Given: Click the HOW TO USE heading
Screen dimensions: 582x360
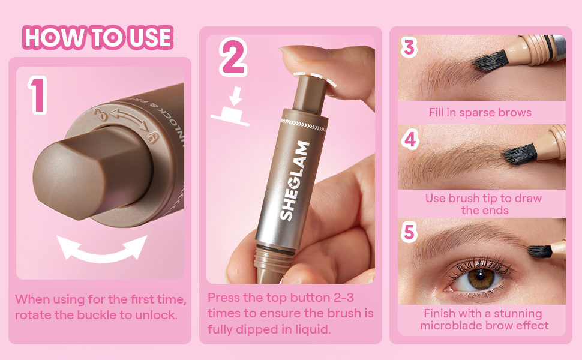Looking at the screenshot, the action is [98, 37].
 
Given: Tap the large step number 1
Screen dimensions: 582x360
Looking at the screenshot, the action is [37, 95].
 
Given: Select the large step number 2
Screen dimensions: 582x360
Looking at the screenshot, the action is [233, 58].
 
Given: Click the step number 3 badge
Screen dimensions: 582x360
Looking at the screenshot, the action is [409, 47].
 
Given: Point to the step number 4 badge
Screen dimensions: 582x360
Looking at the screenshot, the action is [410, 140].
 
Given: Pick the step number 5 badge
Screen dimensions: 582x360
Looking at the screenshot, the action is [409, 232].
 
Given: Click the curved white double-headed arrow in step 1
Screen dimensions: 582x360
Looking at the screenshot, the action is [102, 249].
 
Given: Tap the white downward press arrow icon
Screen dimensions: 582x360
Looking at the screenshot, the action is [230, 107].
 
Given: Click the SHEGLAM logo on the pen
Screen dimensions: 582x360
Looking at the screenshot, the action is [295, 181].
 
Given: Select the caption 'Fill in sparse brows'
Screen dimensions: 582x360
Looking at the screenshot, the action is [480, 112].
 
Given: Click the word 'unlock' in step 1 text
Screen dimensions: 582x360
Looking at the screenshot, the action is [156, 315].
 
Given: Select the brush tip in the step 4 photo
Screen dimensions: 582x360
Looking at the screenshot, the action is [520, 154].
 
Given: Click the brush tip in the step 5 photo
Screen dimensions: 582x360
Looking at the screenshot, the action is [541, 251].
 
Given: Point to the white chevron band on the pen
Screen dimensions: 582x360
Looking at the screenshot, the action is [304, 125].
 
